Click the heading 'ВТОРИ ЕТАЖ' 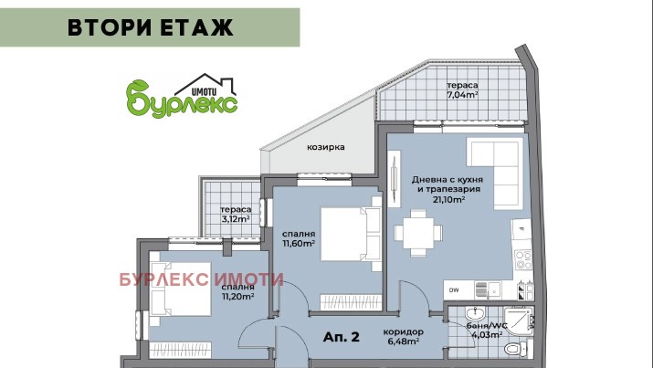click(151, 27)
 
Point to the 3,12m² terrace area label click(236, 213)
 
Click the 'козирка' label click(326, 146)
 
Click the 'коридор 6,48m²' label click(403, 335)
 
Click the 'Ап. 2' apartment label click(342, 337)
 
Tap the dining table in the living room click(420, 229)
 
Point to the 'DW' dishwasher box click(454, 289)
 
